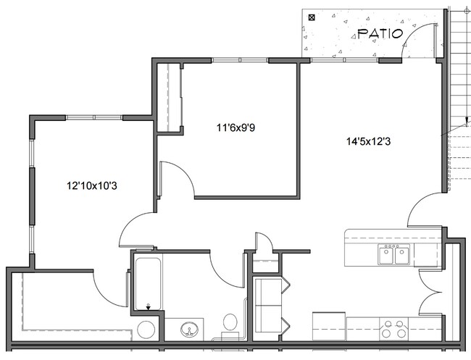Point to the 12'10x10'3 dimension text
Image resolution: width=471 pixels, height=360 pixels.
[x=92, y=186]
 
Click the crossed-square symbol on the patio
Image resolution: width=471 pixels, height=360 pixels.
[x=312, y=16]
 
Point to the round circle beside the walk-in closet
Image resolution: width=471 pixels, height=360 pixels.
[x=145, y=330]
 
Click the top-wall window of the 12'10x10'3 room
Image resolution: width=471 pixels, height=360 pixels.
[x=94, y=117]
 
